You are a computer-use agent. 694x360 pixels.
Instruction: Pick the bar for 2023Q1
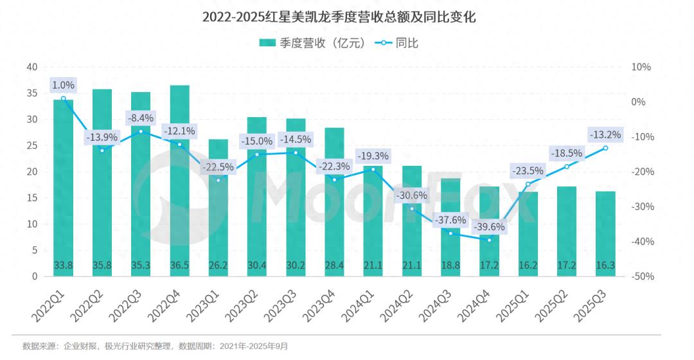coord(218,212)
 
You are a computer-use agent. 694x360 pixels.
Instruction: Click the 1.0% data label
coord(63,85)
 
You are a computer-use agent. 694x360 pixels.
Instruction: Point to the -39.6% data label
coord(489,227)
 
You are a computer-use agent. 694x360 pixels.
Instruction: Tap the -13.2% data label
coord(605,134)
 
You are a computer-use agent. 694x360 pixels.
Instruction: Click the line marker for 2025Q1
coord(528,184)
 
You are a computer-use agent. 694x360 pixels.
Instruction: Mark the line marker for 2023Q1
coord(218,180)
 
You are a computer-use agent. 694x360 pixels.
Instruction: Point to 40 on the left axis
coord(32,67)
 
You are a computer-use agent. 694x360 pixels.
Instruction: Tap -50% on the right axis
coord(643,276)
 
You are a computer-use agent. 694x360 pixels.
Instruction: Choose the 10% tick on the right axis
coord(641,67)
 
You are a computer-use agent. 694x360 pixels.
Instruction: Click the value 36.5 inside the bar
coord(179,264)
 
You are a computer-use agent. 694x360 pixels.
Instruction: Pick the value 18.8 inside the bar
coord(450,264)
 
